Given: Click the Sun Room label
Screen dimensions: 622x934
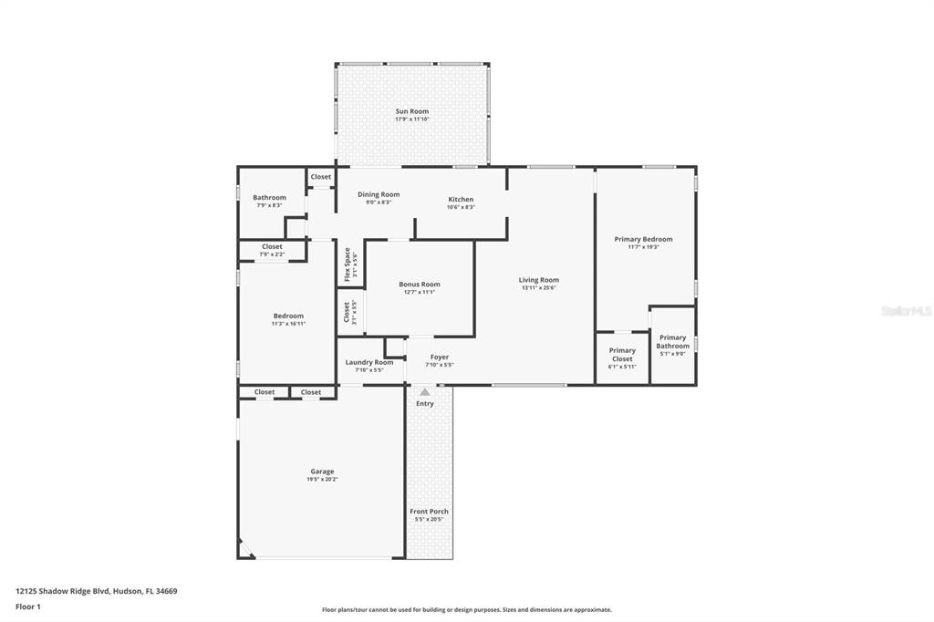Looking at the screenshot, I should coord(411,111).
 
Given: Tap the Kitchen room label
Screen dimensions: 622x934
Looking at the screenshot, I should coord(461,199).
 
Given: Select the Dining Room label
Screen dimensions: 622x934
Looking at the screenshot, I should coord(379,194).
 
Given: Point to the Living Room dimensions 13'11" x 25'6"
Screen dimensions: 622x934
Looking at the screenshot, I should coord(538,288).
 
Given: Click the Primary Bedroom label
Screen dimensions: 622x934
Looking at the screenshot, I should coord(643,239).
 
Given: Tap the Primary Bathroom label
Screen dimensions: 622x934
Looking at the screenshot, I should coord(673,341).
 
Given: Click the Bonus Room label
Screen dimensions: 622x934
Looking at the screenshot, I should coord(420,285).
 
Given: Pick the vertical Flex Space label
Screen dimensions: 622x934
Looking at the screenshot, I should coord(347,263).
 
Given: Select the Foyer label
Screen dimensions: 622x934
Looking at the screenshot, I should coord(440,357).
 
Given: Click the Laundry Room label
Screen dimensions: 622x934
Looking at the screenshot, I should coord(369,362).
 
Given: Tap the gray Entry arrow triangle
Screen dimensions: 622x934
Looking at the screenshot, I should coord(424,392).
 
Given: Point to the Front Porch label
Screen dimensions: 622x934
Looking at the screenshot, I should coord(429,512).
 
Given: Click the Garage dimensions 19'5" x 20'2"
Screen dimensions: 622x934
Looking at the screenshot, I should coord(322,480).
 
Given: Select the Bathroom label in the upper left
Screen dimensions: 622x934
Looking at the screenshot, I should coord(269,197).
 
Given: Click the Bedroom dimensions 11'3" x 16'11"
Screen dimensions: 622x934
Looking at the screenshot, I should coord(288,324).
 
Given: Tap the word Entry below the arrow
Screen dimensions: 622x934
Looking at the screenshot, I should coord(425,403).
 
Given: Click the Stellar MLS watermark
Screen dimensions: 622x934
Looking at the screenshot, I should coord(906,311).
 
